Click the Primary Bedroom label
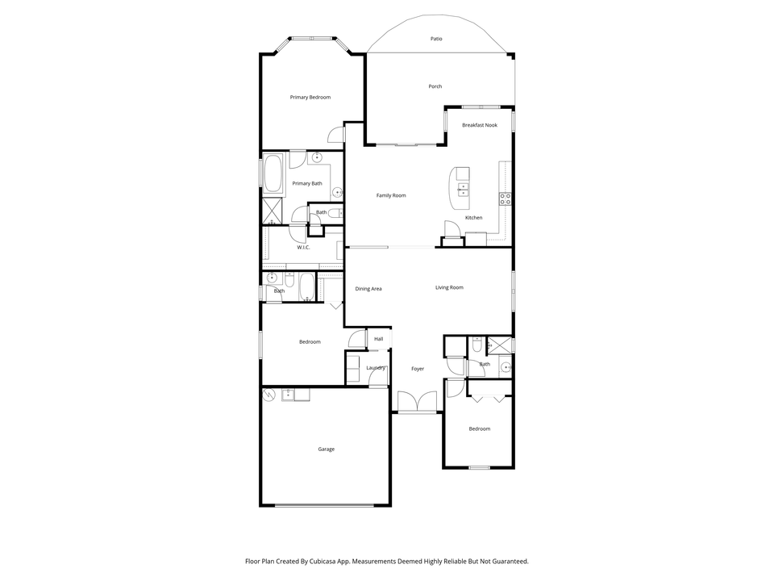pyautogui.click(x=310, y=98)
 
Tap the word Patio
pyautogui.click(x=436, y=39)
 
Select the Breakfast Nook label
pyautogui.click(x=479, y=125)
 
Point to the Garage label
pyautogui.click(x=326, y=449)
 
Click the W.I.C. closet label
pyautogui.click(x=303, y=248)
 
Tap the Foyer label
pyautogui.click(x=418, y=369)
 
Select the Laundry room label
pyautogui.click(x=376, y=368)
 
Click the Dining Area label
pyautogui.click(x=368, y=289)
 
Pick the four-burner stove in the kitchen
pyautogui.click(x=505, y=199)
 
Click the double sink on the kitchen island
pyautogui.click(x=463, y=189)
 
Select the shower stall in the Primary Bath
pyautogui.click(x=272, y=211)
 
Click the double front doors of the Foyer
pyautogui.click(x=417, y=401)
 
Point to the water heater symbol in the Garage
pyautogui.click(x=268, y=395)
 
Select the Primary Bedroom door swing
pyautogui.click(x=336, y=136)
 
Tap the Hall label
pyautogui.click(x=379, y=339)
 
